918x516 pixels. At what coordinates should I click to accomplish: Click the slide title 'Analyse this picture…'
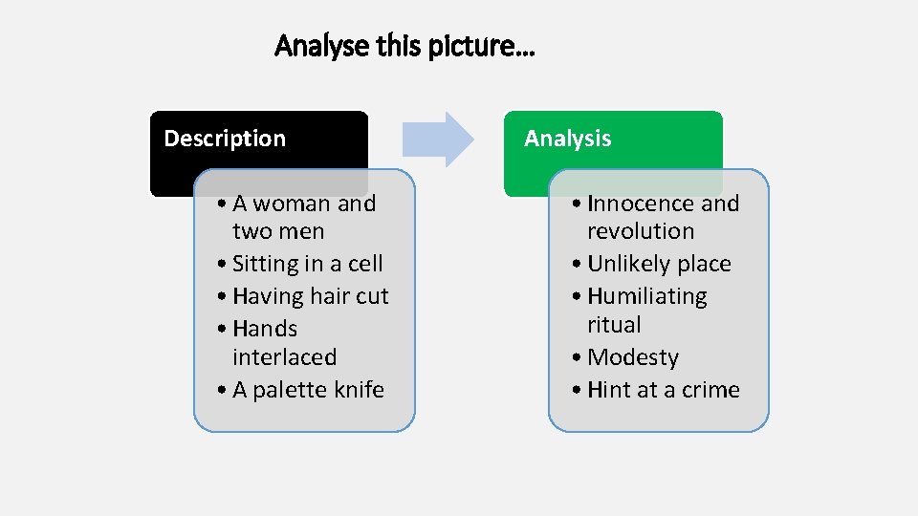[404, 45]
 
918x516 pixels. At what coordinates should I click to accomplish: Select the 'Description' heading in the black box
[225, 139]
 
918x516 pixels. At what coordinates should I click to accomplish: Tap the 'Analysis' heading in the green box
[567, 139]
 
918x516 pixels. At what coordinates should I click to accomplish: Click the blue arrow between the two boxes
[437, 140]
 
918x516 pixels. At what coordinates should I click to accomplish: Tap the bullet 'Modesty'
[632, 357]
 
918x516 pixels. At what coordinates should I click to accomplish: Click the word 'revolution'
[640, 231]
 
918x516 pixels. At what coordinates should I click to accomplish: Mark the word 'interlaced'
[284, 357]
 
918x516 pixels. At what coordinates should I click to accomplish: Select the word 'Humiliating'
[646, 296]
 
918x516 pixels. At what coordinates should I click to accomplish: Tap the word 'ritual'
[614, 325]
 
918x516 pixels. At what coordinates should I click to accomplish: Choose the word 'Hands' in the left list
[265, 329]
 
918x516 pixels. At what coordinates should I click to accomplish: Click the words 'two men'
[278, 231]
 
